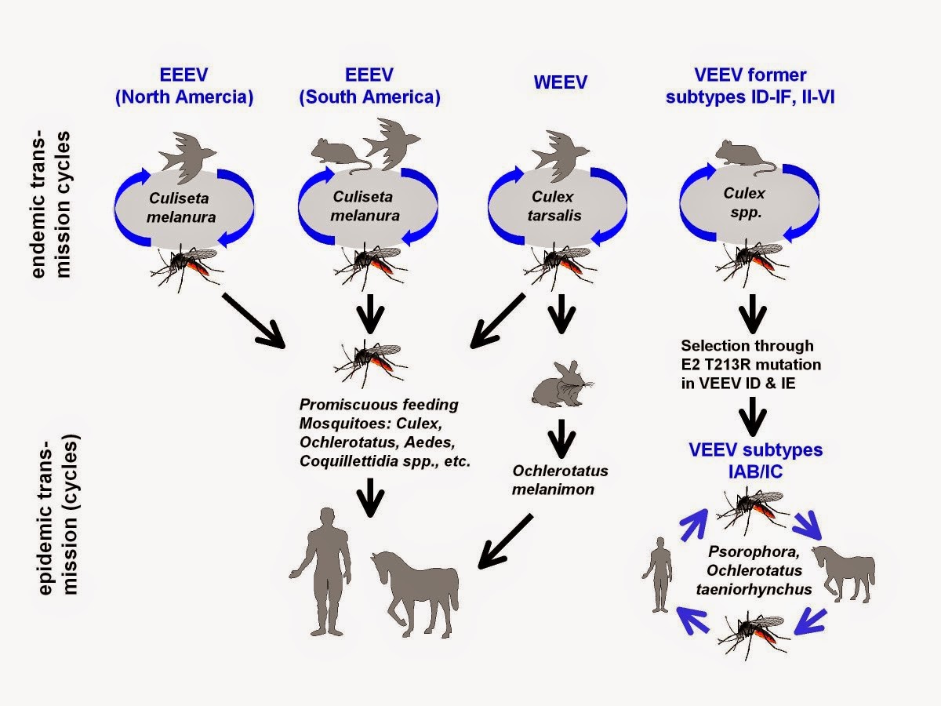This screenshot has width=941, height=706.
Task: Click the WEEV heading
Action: click(x=560, y=82)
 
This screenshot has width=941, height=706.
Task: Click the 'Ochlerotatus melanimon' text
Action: click(x=560, y=479)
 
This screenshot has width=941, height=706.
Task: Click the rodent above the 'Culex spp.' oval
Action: click(x=743, y=157)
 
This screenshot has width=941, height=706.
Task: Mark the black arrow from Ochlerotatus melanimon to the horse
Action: click(x=506, y=541)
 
